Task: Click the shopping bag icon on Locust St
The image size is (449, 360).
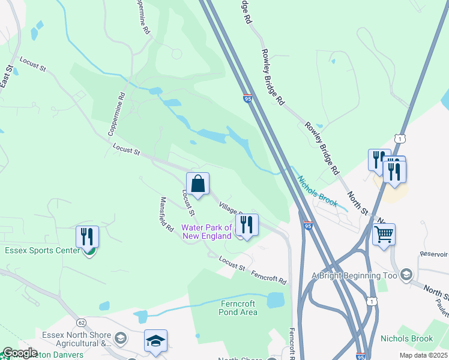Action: tap(197, 184)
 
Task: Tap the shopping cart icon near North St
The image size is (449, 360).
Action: tap(384, 234)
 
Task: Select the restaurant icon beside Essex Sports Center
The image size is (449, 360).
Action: tap(87, 236)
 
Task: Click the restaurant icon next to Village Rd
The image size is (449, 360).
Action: tap(247, 224)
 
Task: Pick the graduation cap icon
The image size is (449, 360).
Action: tap(155, 341)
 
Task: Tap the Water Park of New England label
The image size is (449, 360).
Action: tap(207, 232)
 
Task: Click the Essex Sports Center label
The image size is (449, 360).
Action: tap(42, 250)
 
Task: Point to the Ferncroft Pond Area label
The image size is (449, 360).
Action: tap(238, 308)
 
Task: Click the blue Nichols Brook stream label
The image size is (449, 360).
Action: tap(318, 191)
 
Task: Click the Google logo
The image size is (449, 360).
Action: tap(20, 353)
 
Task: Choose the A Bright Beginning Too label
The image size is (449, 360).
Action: tap(354, 275)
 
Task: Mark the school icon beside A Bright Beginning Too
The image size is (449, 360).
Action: tap(406, 275)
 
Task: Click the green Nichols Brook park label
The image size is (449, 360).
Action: tap(406, 339)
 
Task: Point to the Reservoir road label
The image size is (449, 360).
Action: tap(434, 254)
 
